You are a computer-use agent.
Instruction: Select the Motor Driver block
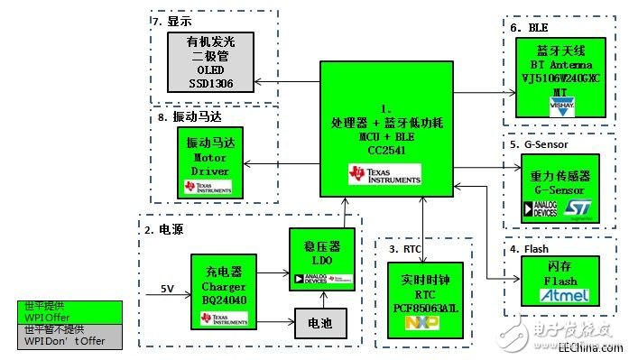click(208, 162)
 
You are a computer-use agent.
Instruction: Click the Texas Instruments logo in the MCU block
click(384, 175)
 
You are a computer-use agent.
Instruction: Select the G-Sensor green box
click(560, 189)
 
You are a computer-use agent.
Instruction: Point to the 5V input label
click(167, 289)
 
